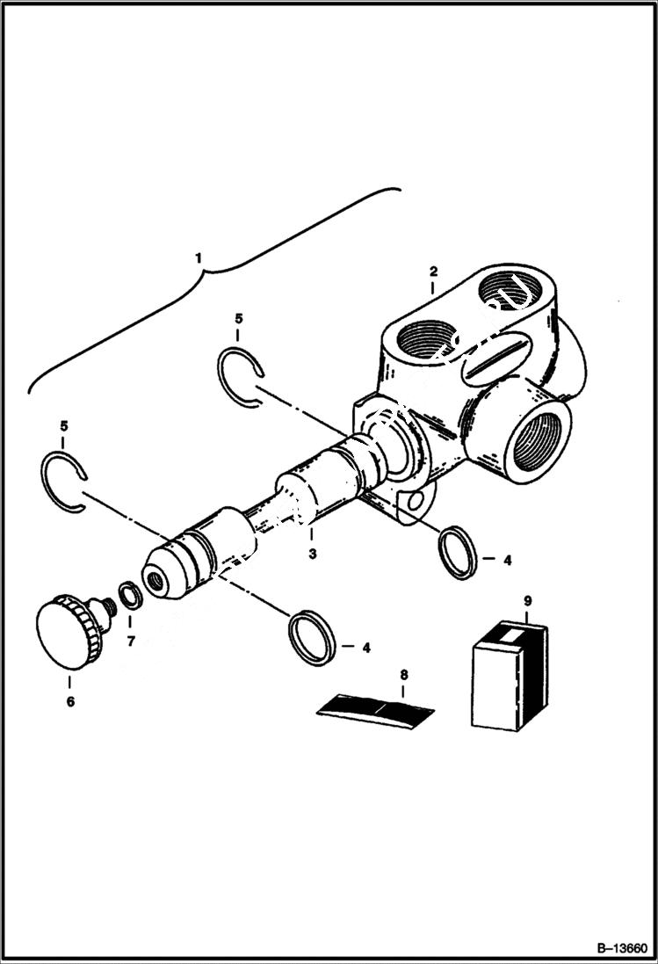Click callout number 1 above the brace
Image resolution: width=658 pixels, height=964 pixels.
point(199,257)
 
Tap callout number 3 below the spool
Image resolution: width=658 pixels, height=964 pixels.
point(312,554)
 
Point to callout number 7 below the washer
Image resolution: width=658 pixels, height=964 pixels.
point(131,641)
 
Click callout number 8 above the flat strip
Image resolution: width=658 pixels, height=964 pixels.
point(403,675)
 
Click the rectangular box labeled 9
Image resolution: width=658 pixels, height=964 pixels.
point(509,677)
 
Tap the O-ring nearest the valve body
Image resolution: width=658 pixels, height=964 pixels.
point(458,553)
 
